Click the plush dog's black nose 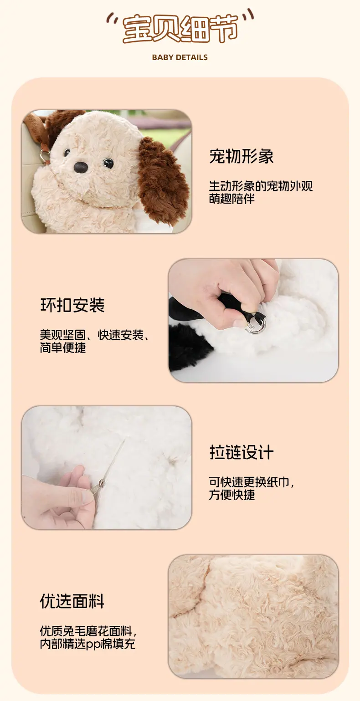click(x=81, y=167)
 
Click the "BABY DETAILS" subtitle click(x=180, y=57)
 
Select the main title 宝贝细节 click(x=180, y=28)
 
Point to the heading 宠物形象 click(x=242, y=156)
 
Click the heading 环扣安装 click(x=72, y=305)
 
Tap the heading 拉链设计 click(x=242, y=452)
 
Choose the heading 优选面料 click(x=72, y=601)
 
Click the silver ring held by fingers click(x=256, y=325)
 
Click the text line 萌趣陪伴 click(x=231, y=199)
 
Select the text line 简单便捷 click(x=62, y=348)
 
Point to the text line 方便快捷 click(x=231, y=495)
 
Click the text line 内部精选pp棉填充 click(x=87, y=644)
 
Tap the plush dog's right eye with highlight click(x=108, y=163)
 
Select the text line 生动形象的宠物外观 click(x=261, y=186)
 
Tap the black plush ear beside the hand click(x=188, y=346)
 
